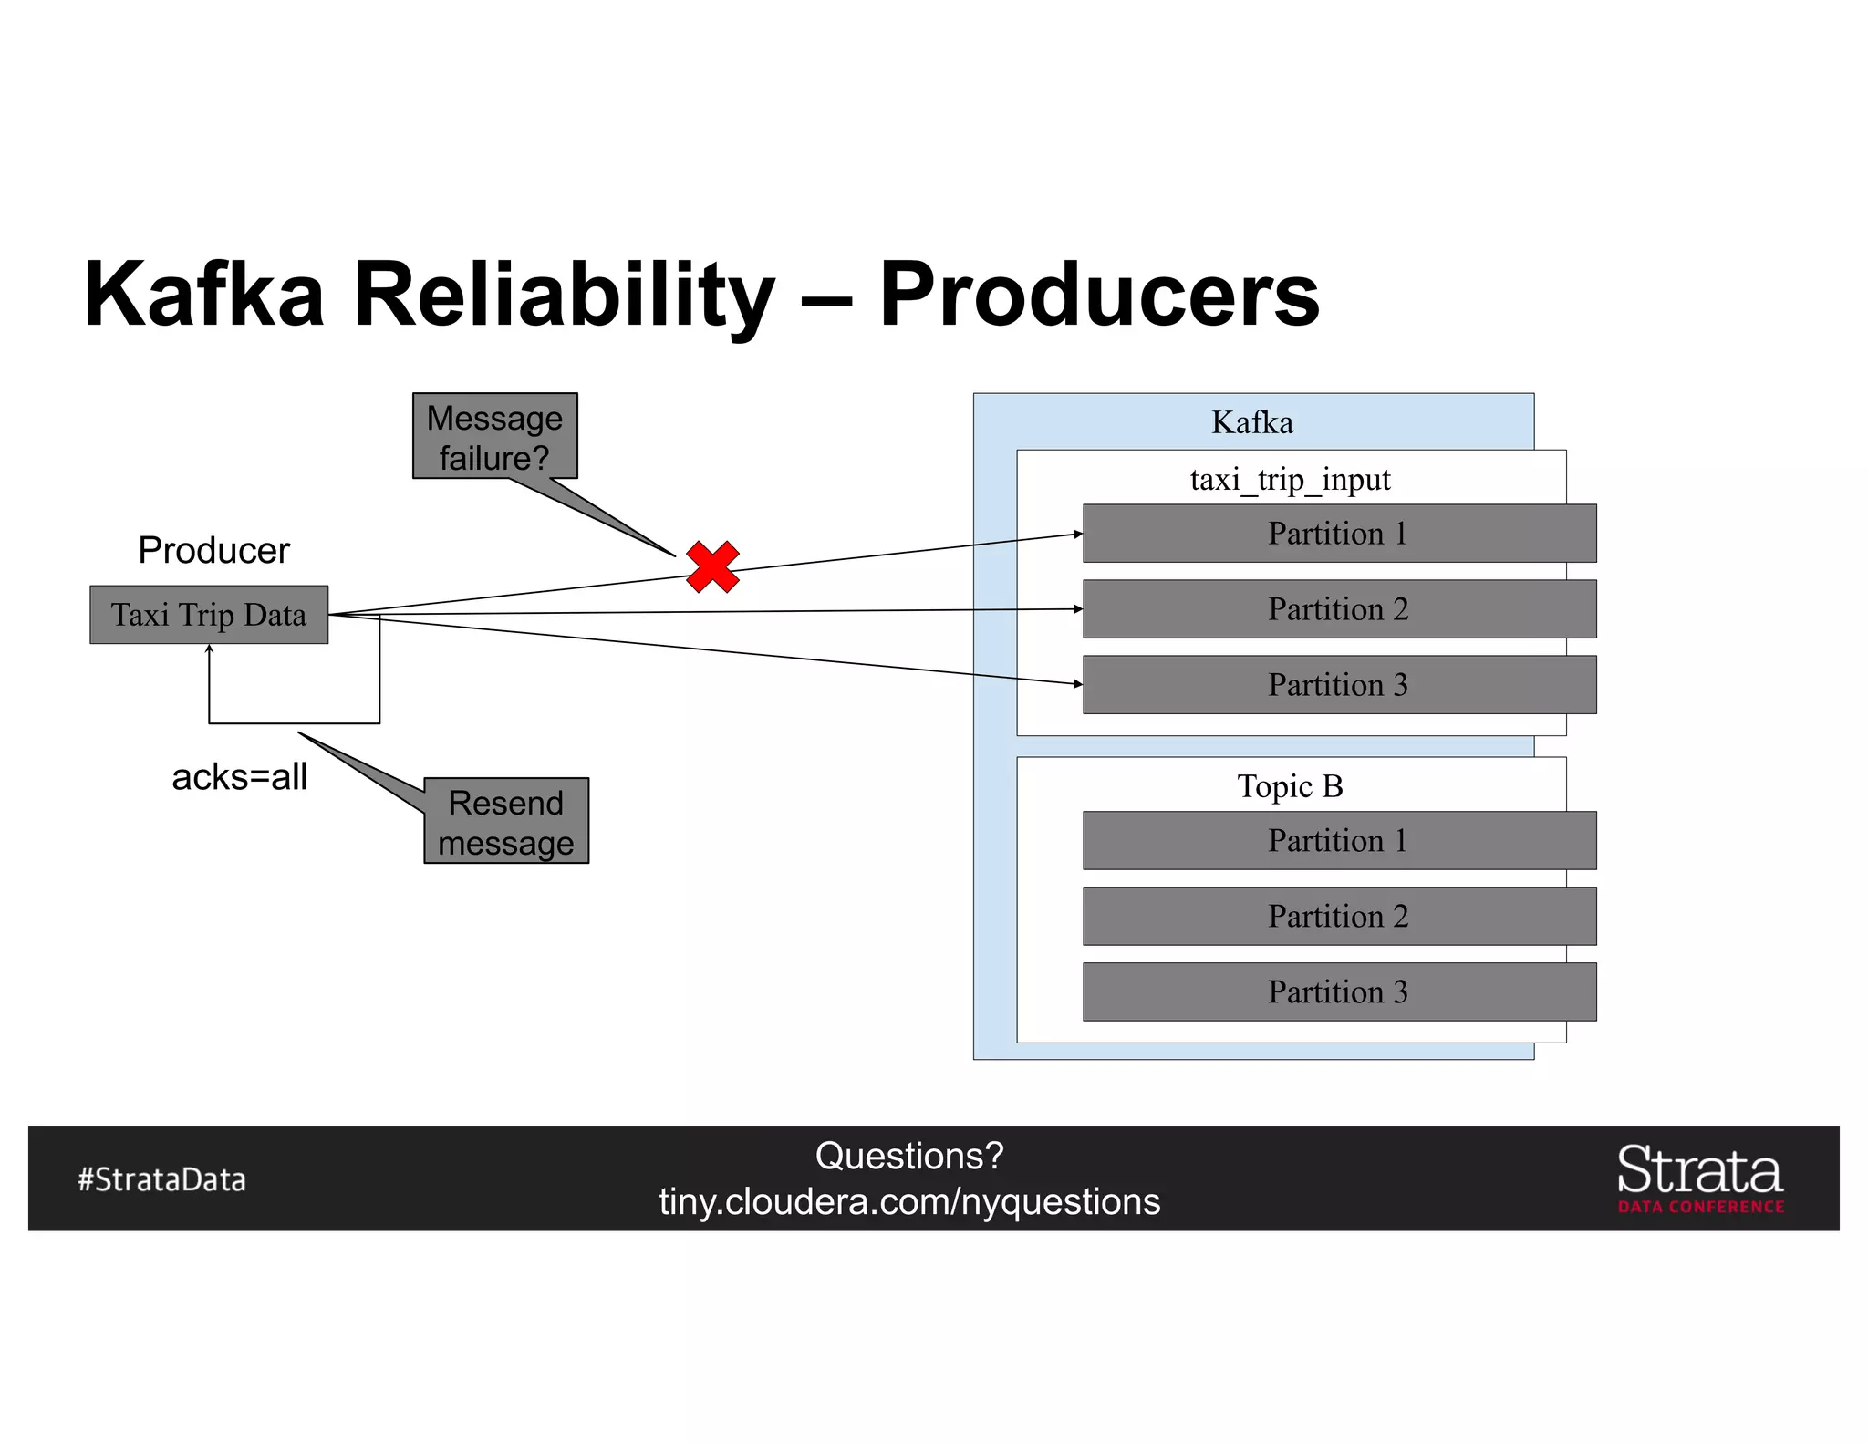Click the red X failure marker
[712, 566]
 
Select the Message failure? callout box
[494, 436]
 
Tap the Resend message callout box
[506, 821]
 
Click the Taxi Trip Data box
[209, 615]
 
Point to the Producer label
[213, 550]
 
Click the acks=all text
[239, 777]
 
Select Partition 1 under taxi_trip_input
[1338, 534]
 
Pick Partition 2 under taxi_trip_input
[1338, 609]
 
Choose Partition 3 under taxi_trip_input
[1338, 685]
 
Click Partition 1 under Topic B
[1338, 840]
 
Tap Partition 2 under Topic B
[1338, 916]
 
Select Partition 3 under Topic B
[1338, 991]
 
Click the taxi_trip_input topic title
[1290, 480]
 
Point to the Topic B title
[1290, 786]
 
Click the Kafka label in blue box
[1251, 422]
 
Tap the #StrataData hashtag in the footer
[161, 1179]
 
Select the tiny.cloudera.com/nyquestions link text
[909, 1201]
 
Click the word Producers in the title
[1098, 294]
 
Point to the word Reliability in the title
[564, 294]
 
